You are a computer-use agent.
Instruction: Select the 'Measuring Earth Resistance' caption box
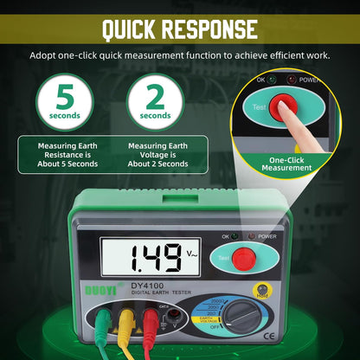(x=67, y=154)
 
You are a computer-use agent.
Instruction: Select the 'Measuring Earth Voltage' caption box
(x=157, y=154)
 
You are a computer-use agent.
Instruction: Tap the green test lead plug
(x=102, y=324)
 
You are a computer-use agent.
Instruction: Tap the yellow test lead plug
(x=126, y=324)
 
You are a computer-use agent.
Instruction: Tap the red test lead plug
(x=151, y=324)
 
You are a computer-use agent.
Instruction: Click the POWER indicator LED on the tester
(x=251, y=235)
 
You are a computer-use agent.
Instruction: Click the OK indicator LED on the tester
(x=234, y=235)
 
